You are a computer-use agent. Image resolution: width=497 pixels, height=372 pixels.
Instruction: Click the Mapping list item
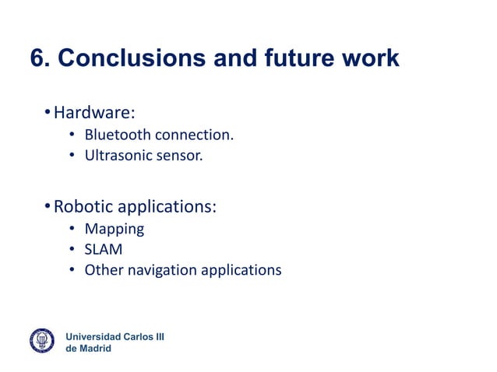(x=115, y=230)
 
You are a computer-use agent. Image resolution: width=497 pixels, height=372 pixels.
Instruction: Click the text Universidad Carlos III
(x=115, y=336)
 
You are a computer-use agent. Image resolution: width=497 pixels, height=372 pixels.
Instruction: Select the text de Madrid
(x=88, y=348)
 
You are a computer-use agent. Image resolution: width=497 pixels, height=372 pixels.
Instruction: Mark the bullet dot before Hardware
(x=47, y=114)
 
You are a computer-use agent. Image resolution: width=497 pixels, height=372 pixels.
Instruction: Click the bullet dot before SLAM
(x=71, y=250)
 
